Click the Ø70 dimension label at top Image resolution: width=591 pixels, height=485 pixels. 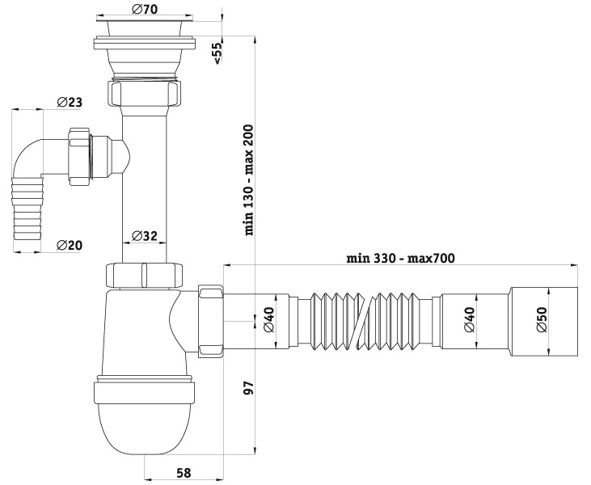coord(145,9)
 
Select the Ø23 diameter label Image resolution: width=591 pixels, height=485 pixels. coord(70,102)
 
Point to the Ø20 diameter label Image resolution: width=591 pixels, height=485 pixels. coord(69,245)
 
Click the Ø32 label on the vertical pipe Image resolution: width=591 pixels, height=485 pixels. coord(145,236)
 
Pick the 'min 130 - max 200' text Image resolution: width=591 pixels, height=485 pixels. coord(249,180)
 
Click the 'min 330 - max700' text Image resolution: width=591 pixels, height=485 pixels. coord(401,258)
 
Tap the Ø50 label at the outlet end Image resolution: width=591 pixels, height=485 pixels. coord(542,319)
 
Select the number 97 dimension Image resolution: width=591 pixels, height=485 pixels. coord(249,388)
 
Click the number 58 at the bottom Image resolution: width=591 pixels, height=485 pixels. coord(184,473)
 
